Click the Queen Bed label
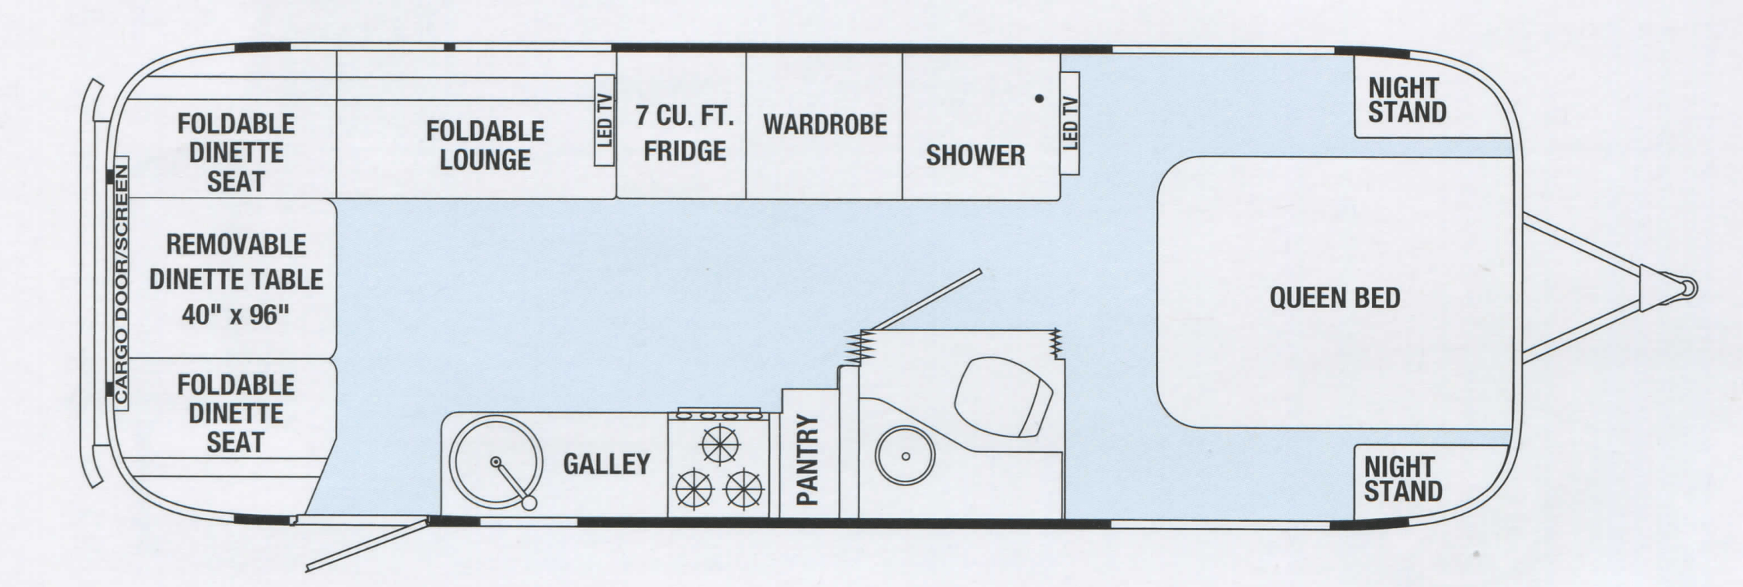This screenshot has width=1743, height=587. click(x=1335, y=298)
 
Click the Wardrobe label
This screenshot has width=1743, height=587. click(x=825, y=124)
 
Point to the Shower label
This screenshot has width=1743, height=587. click(x=975, y=155)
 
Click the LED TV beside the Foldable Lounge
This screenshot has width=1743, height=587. click(x=605, y=120)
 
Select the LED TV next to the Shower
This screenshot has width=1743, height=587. click(x=1069, y=123)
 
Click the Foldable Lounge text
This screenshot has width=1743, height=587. click(x=485, y=145)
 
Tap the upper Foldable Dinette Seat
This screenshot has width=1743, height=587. click(x=236, y=152)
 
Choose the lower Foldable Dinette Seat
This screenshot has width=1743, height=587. click(x=235, y=414)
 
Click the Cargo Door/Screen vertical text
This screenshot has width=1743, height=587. click(x=121, y=281)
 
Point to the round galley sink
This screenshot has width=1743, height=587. click(x=495, y=464)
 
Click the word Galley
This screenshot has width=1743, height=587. click(x=606, y=464)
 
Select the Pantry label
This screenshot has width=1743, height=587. click(x=808, y=460)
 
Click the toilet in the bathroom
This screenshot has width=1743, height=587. click(x=1003, y=396)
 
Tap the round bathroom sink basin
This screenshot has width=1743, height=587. click(x=905, y=456)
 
